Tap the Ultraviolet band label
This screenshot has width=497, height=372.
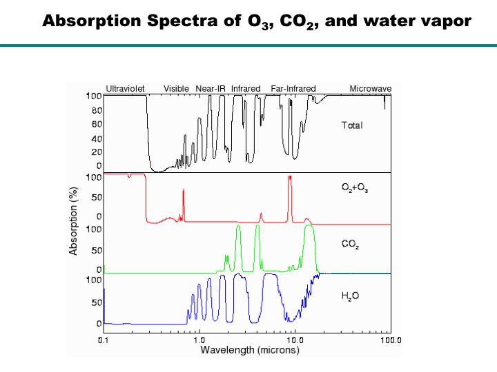125,89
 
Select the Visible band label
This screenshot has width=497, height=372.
177,89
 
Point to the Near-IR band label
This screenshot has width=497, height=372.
211,89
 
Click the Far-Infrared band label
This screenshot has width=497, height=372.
293,89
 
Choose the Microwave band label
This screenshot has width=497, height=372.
371,89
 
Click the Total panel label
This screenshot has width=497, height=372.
352,125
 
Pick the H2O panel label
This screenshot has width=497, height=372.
351,296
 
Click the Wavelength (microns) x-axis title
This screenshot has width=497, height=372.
250,350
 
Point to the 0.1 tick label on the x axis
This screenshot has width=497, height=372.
103,340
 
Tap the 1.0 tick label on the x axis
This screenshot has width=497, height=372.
199,340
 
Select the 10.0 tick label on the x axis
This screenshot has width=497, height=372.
295,340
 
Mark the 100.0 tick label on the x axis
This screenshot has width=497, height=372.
391,340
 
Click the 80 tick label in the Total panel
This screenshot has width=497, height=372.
97,110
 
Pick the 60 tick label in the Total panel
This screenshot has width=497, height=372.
97,125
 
